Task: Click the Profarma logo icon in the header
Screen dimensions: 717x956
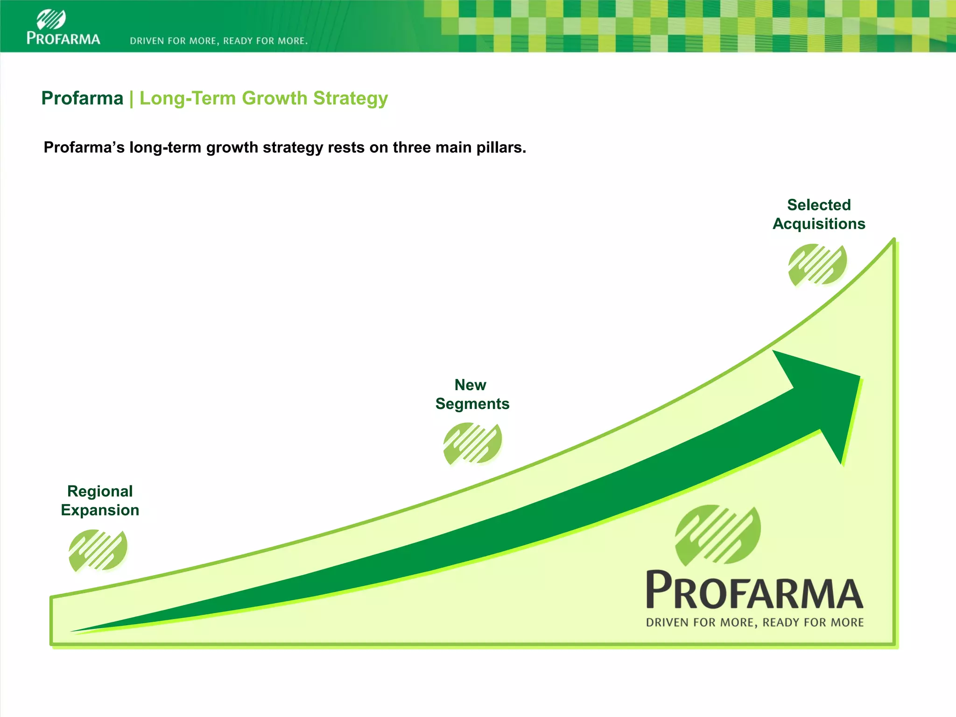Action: click(51, 19)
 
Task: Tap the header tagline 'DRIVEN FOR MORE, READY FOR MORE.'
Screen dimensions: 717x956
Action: click(218, 41)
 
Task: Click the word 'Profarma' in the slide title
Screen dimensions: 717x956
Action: click(82, 98)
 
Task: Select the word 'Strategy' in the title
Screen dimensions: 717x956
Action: click(350, 98)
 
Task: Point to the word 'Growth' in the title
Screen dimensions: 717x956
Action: click(274, 98)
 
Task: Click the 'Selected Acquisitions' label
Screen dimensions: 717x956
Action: click(819, 214)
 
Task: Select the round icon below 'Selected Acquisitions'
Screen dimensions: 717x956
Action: click(817, 264)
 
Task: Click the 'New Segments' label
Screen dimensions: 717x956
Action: click(472, 394)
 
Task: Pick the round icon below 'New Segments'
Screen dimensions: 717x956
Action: click(472, 443)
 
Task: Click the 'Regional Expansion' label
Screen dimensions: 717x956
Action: click(100, 500)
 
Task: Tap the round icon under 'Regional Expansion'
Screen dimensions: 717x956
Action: click(98, 550)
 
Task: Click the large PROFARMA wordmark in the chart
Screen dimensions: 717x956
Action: click(754, 590)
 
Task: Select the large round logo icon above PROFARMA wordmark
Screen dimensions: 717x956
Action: click(718, 534)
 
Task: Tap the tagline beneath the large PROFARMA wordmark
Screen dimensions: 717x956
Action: click(754, 623)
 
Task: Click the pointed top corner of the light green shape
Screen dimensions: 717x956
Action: click(893, 240)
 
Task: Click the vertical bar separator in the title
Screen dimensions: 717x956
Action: click(132, 98)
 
